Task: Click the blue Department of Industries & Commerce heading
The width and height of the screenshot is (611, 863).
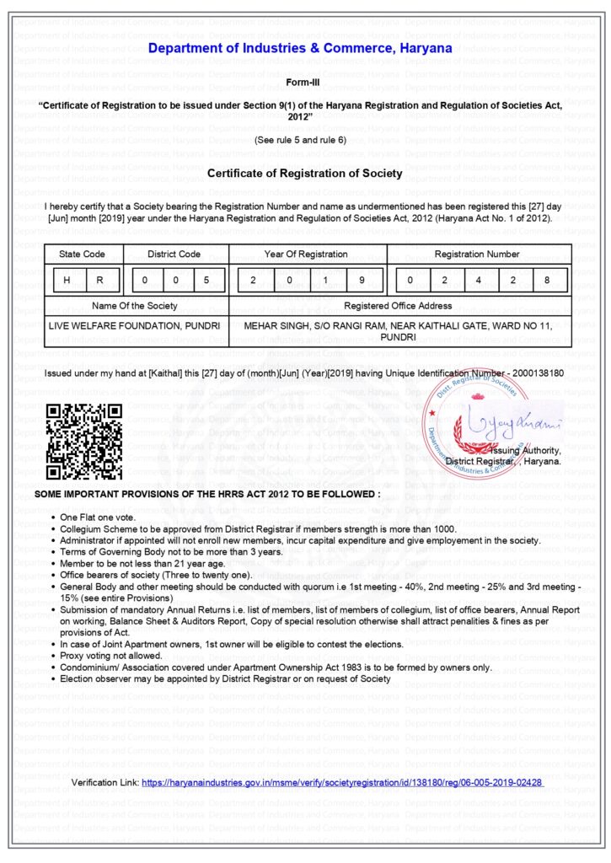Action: coord(300,48)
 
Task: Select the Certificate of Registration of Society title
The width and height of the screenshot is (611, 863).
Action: coord(304,174)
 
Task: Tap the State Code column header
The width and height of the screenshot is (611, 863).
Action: coord(83,254)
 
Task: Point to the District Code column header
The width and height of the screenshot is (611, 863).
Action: coord(174,254)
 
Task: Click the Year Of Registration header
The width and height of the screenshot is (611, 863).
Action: coord(305,254)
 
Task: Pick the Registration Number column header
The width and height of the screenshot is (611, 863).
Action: coord(477,254)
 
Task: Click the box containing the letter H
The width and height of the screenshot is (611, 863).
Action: coord(67,280)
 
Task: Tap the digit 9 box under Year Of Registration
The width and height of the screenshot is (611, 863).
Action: coord(361,280)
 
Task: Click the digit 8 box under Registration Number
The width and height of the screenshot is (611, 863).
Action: coord(549,280)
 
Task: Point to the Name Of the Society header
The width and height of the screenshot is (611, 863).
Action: coord(135,305)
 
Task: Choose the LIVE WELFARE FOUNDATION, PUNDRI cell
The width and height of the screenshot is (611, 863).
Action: coord(135,324)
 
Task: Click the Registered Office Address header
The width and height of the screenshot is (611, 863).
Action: coord(399,305)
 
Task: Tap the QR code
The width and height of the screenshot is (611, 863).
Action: coord(84,442)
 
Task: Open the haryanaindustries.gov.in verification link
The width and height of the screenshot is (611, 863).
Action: coord(341,783)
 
